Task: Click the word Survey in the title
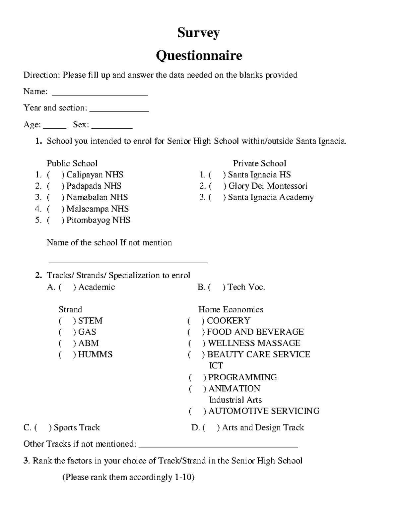tap(198, 33)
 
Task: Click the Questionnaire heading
tap(199, 56)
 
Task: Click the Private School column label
tap(259, 163)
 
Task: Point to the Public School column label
tap(72, 163)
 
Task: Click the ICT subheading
tap(216, 366)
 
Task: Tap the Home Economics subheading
tap(231, 310)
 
